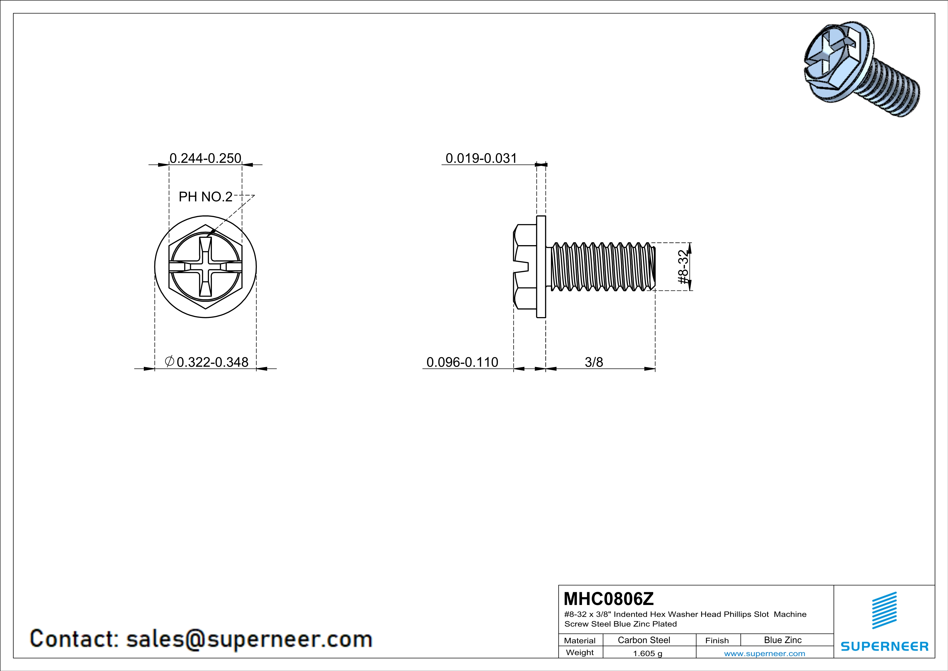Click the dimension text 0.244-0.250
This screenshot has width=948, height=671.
point(205,158)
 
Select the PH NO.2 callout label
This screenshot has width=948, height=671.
point(205,197)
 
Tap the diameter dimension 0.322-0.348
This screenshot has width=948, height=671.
point(212,362)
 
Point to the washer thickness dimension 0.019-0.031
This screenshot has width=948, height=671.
point(481,158)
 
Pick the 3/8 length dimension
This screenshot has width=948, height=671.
point(594,362)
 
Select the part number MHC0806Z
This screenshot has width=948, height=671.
point(608,599)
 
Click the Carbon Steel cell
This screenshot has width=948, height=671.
point(644,640)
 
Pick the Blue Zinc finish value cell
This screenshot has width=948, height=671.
point(782,640)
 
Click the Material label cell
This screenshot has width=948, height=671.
point(580,640)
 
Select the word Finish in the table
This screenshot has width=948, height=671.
point(717,640)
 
